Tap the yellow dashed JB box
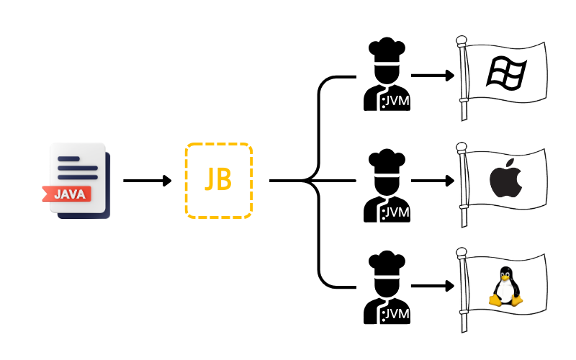point(219,180)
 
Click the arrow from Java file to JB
point(148,180)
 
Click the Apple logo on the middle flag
point(505,180)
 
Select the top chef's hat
point(387,50)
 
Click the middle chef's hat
point(387,160)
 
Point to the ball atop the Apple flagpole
point(462,147)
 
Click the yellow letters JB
point(219,180)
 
